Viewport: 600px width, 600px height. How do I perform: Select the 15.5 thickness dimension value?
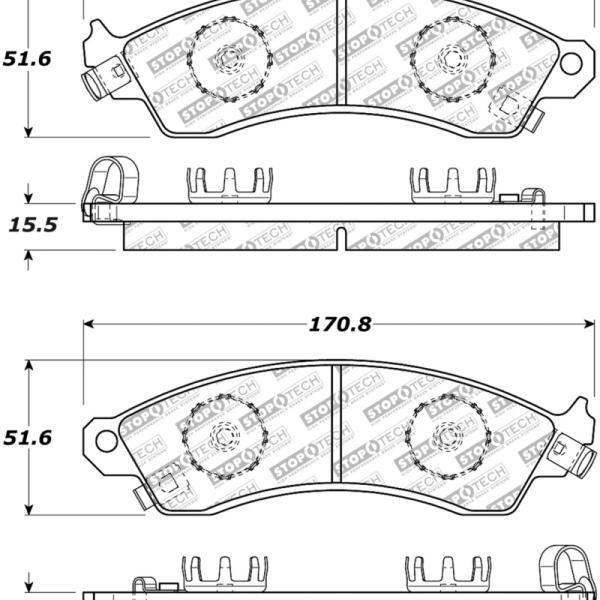(31, 225)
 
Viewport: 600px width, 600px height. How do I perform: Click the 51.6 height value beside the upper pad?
(27, 59)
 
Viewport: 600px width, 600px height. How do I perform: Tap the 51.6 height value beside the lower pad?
(27, 438)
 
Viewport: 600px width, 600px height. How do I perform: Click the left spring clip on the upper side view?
(230, 183)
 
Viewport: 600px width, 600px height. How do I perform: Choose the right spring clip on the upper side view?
(451, 183)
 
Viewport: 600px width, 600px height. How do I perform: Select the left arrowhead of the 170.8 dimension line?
(89, 324)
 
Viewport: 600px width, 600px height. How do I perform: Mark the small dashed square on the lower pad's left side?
(169, 483)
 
